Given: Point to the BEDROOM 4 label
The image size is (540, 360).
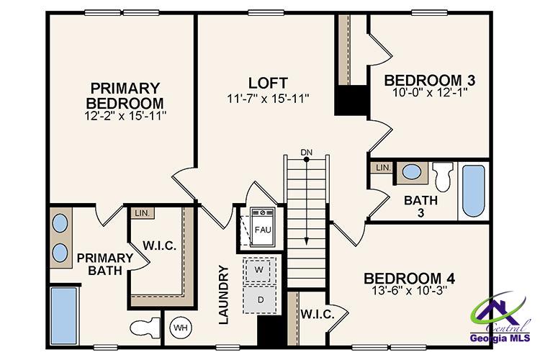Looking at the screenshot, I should point(408,279).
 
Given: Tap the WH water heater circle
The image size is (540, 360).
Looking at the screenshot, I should point(179,328).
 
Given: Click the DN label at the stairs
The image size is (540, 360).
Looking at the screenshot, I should point(307,152).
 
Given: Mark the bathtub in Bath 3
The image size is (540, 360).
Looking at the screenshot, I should point(473,190).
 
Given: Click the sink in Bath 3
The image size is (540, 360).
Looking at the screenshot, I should point(411,173).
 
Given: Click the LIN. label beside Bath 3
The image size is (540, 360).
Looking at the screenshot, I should point(383,168).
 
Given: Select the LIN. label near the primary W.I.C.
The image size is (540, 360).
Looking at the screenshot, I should point(140,213).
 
